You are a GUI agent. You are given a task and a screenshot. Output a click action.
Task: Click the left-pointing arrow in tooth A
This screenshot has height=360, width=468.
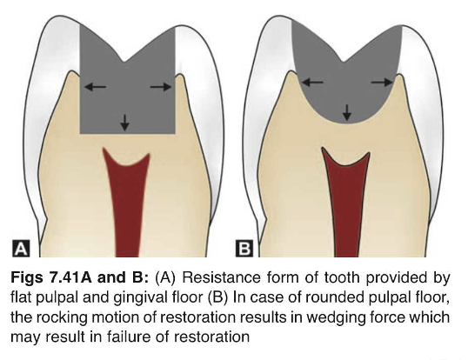[x=95, y=87]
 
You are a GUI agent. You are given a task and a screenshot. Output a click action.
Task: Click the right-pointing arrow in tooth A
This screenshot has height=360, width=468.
[x=161, y=87]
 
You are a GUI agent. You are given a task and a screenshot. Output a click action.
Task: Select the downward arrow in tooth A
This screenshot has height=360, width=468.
[x=124, y=123]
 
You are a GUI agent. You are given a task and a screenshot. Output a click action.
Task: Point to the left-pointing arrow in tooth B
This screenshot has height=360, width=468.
[x=312, y=82]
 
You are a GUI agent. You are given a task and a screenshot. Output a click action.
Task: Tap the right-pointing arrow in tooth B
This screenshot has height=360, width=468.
[x=382, y=82]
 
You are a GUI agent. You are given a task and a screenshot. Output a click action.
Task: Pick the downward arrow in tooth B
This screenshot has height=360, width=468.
[x=346, y=113]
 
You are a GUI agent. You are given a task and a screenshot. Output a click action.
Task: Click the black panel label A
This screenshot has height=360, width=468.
[x=21, y=249]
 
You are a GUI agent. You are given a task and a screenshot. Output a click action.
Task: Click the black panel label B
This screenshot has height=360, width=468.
[x=244, y=249]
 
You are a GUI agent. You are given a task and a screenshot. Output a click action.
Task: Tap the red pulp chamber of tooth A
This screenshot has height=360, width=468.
[x=126, y=202]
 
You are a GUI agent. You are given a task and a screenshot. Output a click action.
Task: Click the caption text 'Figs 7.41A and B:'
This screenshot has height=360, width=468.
[x=80, y=277]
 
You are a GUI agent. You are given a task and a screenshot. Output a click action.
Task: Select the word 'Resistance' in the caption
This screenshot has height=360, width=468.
[x=221, y=277]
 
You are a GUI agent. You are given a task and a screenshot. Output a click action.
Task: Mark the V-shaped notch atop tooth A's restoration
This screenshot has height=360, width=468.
[x=124, y=62]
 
